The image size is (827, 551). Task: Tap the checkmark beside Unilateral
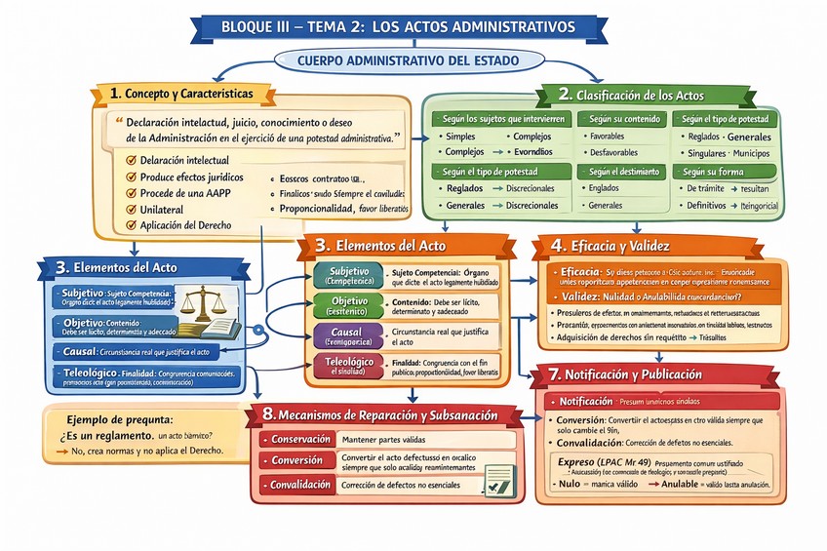point(131,210)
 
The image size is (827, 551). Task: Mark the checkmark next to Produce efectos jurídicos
point(131,177)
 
